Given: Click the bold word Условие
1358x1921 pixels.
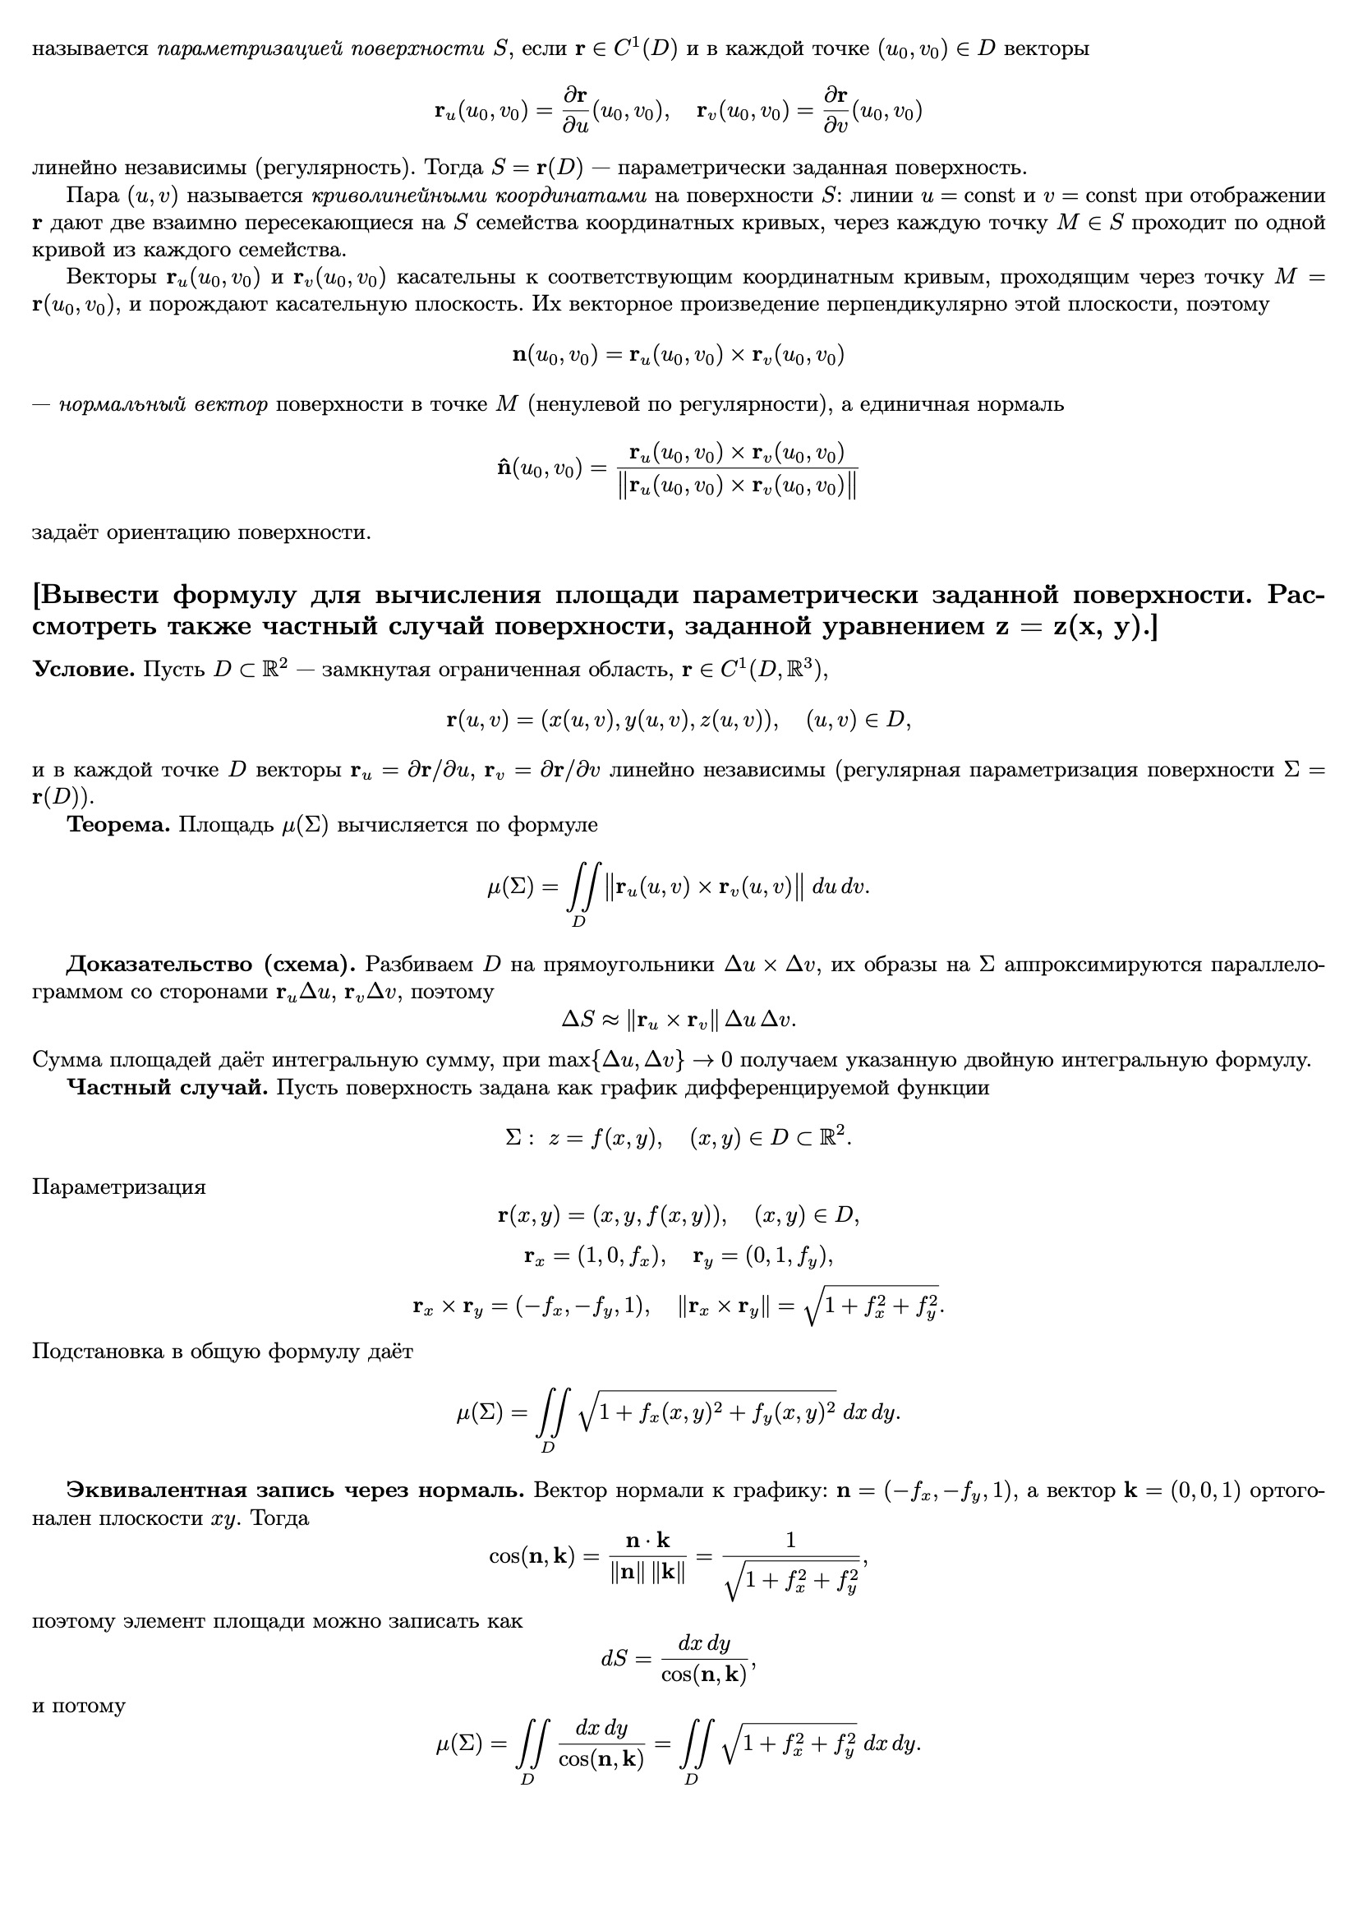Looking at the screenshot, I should coord(84,670).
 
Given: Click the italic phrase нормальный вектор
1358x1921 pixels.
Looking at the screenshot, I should coord(163,405).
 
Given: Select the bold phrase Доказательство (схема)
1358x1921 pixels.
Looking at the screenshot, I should coord(211,964).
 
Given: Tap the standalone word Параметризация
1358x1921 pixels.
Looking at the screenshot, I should coord(119,1187).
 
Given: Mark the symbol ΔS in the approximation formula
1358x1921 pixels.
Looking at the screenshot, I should coord(578,1019).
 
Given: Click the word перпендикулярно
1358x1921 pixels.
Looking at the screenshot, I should coord(899,305).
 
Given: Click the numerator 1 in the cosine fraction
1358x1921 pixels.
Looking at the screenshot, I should coord(790,1540).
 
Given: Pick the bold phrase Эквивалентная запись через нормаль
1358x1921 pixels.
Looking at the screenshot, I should coord(295,1490).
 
